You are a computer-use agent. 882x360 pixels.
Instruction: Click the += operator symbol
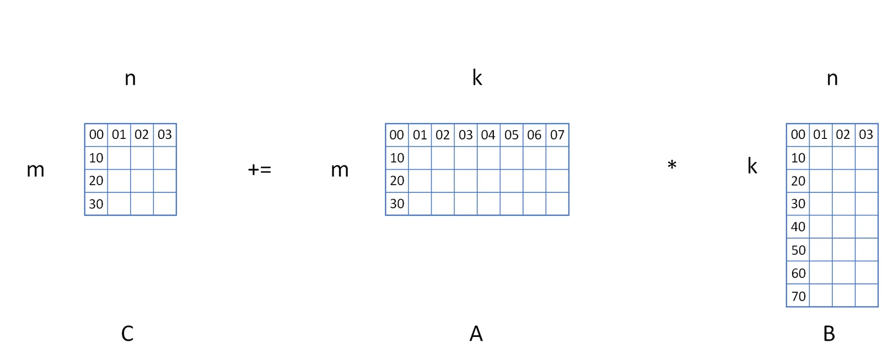click(260, 170)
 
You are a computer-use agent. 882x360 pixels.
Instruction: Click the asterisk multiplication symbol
click(672, 165)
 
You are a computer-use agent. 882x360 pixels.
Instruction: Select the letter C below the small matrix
click(127, 334)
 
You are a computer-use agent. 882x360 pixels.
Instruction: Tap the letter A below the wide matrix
click(476, 334)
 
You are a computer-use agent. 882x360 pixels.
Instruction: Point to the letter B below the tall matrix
click(829, 334)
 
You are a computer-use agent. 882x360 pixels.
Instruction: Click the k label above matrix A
click(477, 78)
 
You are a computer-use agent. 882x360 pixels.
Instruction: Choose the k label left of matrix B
click(752, 166)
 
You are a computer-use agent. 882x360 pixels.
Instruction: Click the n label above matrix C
click(130, 79)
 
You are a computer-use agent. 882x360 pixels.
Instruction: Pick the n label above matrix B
click(832, 79)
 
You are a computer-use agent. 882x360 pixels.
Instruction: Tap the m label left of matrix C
click(35, 170)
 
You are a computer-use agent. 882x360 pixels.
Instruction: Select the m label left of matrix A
click(340, 170)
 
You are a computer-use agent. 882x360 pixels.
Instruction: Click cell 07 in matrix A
click(557, 135)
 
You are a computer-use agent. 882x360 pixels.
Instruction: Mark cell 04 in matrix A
click(488, 135)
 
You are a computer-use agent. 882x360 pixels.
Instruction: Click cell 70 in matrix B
click(798, 295)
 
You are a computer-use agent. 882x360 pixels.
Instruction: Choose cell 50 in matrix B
click(798, 250)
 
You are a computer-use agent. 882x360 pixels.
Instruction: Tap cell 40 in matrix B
click(798, 227)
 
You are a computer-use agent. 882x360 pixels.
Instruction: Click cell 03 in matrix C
click(165, 135)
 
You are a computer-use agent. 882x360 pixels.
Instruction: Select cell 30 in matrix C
click(96, 203)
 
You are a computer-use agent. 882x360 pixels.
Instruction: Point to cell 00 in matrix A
click(397, 135)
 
